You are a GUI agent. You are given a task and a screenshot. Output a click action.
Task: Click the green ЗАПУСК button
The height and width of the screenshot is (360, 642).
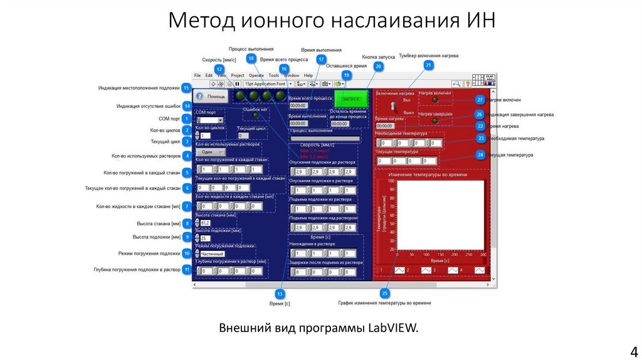[351, 100]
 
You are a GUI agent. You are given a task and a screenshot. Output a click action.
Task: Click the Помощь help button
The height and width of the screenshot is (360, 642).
[210, 97]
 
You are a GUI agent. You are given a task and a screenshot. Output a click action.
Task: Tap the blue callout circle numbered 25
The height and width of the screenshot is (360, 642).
[385, 293]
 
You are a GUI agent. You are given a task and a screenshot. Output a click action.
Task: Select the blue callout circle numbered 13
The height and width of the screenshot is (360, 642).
[280, 293]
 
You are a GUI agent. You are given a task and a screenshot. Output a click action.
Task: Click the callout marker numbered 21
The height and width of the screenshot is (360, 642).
[429, 65]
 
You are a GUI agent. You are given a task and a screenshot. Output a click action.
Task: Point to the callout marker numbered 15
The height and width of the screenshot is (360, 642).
[186, 88]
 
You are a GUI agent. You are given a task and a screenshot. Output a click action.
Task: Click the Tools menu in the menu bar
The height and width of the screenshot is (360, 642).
[274, 75]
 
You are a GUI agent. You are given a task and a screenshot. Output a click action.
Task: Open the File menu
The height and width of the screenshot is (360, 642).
[197, 75]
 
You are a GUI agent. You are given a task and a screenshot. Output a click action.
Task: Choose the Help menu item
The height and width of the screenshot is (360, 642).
[308, 75]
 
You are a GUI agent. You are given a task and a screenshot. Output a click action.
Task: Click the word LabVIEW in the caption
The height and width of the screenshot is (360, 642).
[391, 328]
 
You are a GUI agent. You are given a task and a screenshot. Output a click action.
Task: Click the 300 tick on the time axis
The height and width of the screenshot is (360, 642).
[483, 255]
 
